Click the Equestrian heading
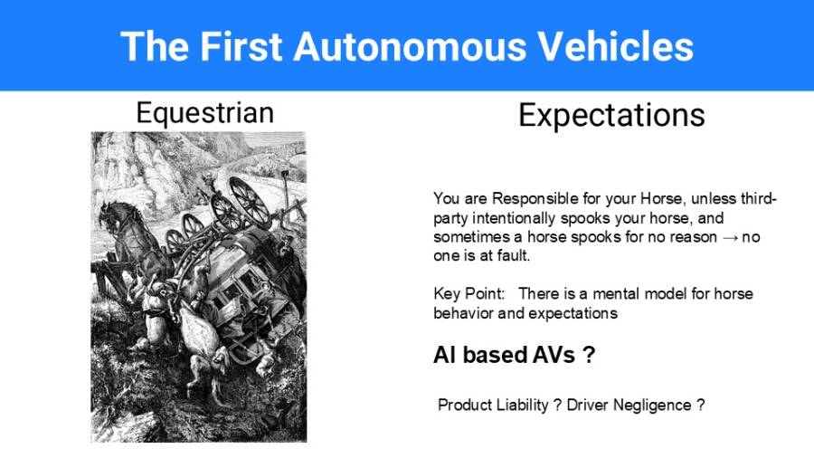click(204, 112)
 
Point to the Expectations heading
click(611, 115)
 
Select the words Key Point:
click(468, 294)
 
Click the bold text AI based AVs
click(504, 356)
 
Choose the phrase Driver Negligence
click(629, 405)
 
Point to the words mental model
click(654, 294)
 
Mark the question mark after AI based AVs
click(588, 356)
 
